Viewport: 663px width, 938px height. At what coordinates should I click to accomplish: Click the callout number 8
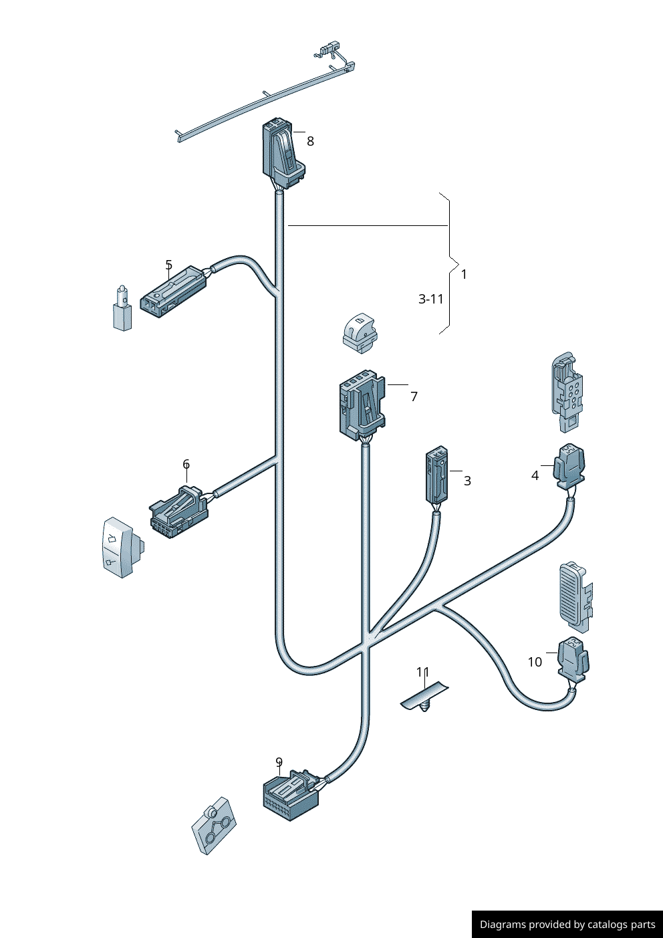tap(310, 141)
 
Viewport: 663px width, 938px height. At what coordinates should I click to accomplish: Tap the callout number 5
tap(168, 265)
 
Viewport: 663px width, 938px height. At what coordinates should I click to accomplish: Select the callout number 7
tap(414, 396)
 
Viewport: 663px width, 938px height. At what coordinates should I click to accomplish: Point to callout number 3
tap(467, 481)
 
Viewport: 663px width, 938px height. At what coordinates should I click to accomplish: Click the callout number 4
tap(535, 475)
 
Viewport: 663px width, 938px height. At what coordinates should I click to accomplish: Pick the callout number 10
tap(535, 662)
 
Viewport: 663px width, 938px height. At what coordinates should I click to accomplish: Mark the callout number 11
tap(422, 672)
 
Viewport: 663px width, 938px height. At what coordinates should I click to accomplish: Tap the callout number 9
tap(279, 761)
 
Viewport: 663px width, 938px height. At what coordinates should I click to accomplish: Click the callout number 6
tap(186, 464)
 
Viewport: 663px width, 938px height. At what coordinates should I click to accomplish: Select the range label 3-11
tap(431, 299)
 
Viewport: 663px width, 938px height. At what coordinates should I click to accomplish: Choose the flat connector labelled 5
tap(172, 292)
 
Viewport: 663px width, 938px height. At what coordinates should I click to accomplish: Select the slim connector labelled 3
tap(436, 476)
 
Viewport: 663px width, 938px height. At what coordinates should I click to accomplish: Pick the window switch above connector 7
tap(360, 332)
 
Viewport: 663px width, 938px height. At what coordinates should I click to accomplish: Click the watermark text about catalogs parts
tap(567, 925)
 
